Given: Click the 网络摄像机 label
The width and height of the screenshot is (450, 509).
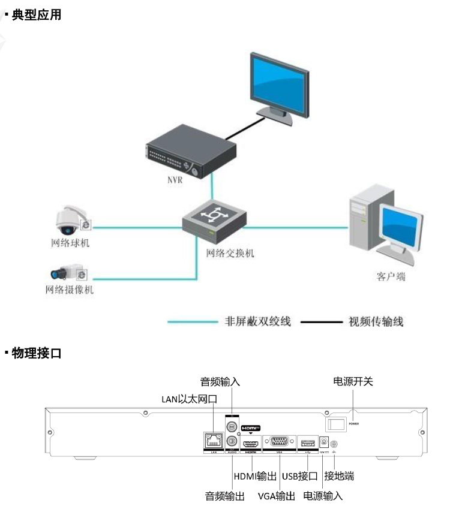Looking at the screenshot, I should (70, 290).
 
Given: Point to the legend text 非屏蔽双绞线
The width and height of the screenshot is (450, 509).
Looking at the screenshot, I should (257, 322).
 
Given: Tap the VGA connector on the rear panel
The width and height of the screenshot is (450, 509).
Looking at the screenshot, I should (279, 442).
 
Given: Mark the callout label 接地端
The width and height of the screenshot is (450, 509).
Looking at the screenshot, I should (339, 477).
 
